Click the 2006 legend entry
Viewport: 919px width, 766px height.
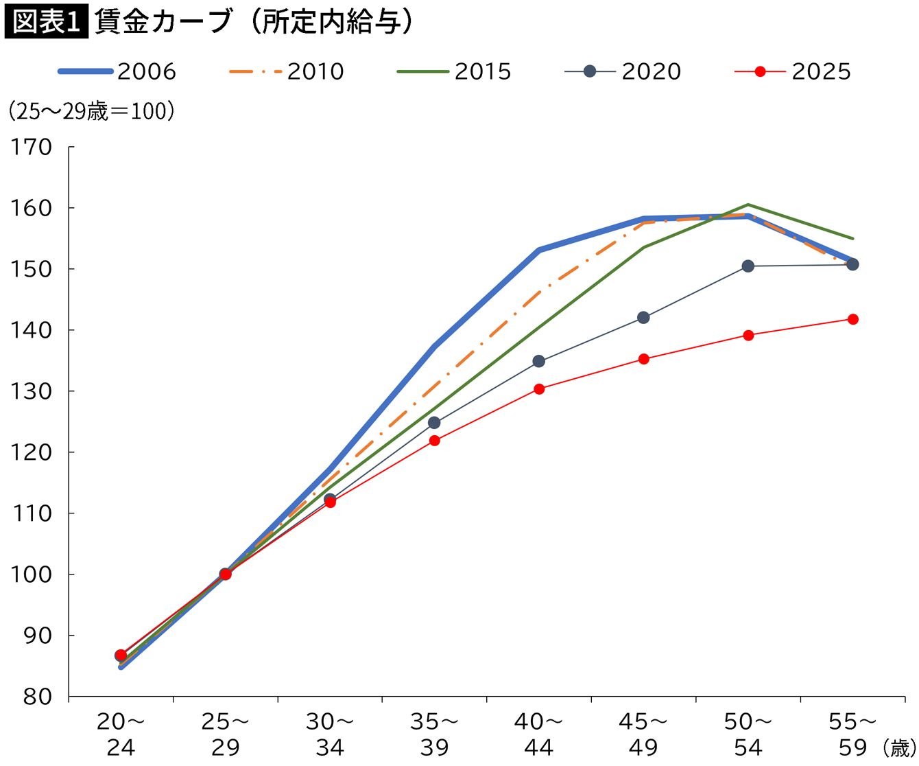117,71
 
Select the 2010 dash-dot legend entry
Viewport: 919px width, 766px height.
287,71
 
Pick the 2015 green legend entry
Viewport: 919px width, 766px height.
454,71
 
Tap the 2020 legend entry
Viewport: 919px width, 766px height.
623,71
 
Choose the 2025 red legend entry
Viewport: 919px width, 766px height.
793,71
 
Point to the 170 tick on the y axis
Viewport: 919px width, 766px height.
31,147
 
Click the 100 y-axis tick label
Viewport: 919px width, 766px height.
31,574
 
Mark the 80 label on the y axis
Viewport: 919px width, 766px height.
38,697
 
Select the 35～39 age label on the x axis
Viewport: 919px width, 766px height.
434,734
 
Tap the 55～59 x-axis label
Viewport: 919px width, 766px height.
852,734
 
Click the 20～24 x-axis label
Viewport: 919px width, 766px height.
121,734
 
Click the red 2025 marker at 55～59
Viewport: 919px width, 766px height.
852,319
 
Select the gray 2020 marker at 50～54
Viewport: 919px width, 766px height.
748,266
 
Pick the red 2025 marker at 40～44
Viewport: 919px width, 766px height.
539,389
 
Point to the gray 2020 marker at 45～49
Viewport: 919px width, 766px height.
643,318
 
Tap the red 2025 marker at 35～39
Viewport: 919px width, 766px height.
434,441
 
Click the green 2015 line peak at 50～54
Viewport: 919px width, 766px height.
748,205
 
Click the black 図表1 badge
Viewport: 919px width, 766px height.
46,21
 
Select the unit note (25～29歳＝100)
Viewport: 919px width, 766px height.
91,111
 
